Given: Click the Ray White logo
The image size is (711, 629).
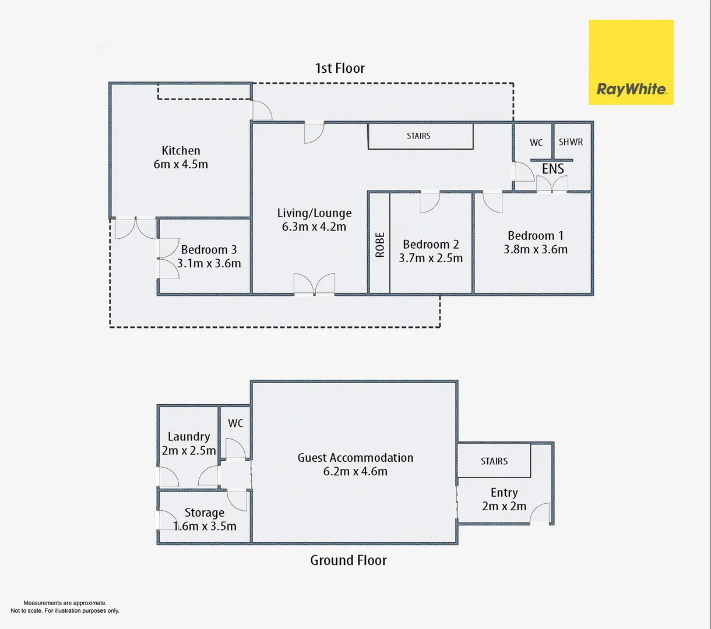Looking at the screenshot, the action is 631,62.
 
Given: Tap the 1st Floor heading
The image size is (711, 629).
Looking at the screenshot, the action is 340,68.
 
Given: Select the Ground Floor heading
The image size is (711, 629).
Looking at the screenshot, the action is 349,560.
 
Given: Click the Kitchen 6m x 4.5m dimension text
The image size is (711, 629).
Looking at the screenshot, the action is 181,164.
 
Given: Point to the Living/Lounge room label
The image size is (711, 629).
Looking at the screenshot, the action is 314,213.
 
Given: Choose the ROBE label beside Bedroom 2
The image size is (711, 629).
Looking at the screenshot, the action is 380,245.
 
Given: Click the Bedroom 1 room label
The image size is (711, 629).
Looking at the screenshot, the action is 536,235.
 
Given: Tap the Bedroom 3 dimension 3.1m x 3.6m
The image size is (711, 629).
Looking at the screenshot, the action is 209,263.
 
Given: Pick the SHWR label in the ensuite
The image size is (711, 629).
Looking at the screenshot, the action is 571,142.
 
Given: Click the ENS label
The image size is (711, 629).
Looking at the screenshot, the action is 552,169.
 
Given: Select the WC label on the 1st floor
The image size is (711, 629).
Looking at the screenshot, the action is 536,143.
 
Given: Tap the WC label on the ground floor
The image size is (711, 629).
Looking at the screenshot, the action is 235,423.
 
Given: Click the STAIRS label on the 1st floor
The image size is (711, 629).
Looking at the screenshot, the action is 418,136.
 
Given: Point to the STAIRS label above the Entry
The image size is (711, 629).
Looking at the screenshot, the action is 494,461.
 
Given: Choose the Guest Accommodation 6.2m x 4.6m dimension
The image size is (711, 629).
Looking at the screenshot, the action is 355,471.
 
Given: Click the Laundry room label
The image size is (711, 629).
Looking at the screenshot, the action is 189,436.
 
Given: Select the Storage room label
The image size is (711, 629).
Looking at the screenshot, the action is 204,513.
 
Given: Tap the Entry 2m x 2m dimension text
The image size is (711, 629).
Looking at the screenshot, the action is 504,506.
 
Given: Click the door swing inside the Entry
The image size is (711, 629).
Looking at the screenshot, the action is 540,513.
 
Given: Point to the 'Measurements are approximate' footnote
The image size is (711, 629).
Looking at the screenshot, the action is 65,603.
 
